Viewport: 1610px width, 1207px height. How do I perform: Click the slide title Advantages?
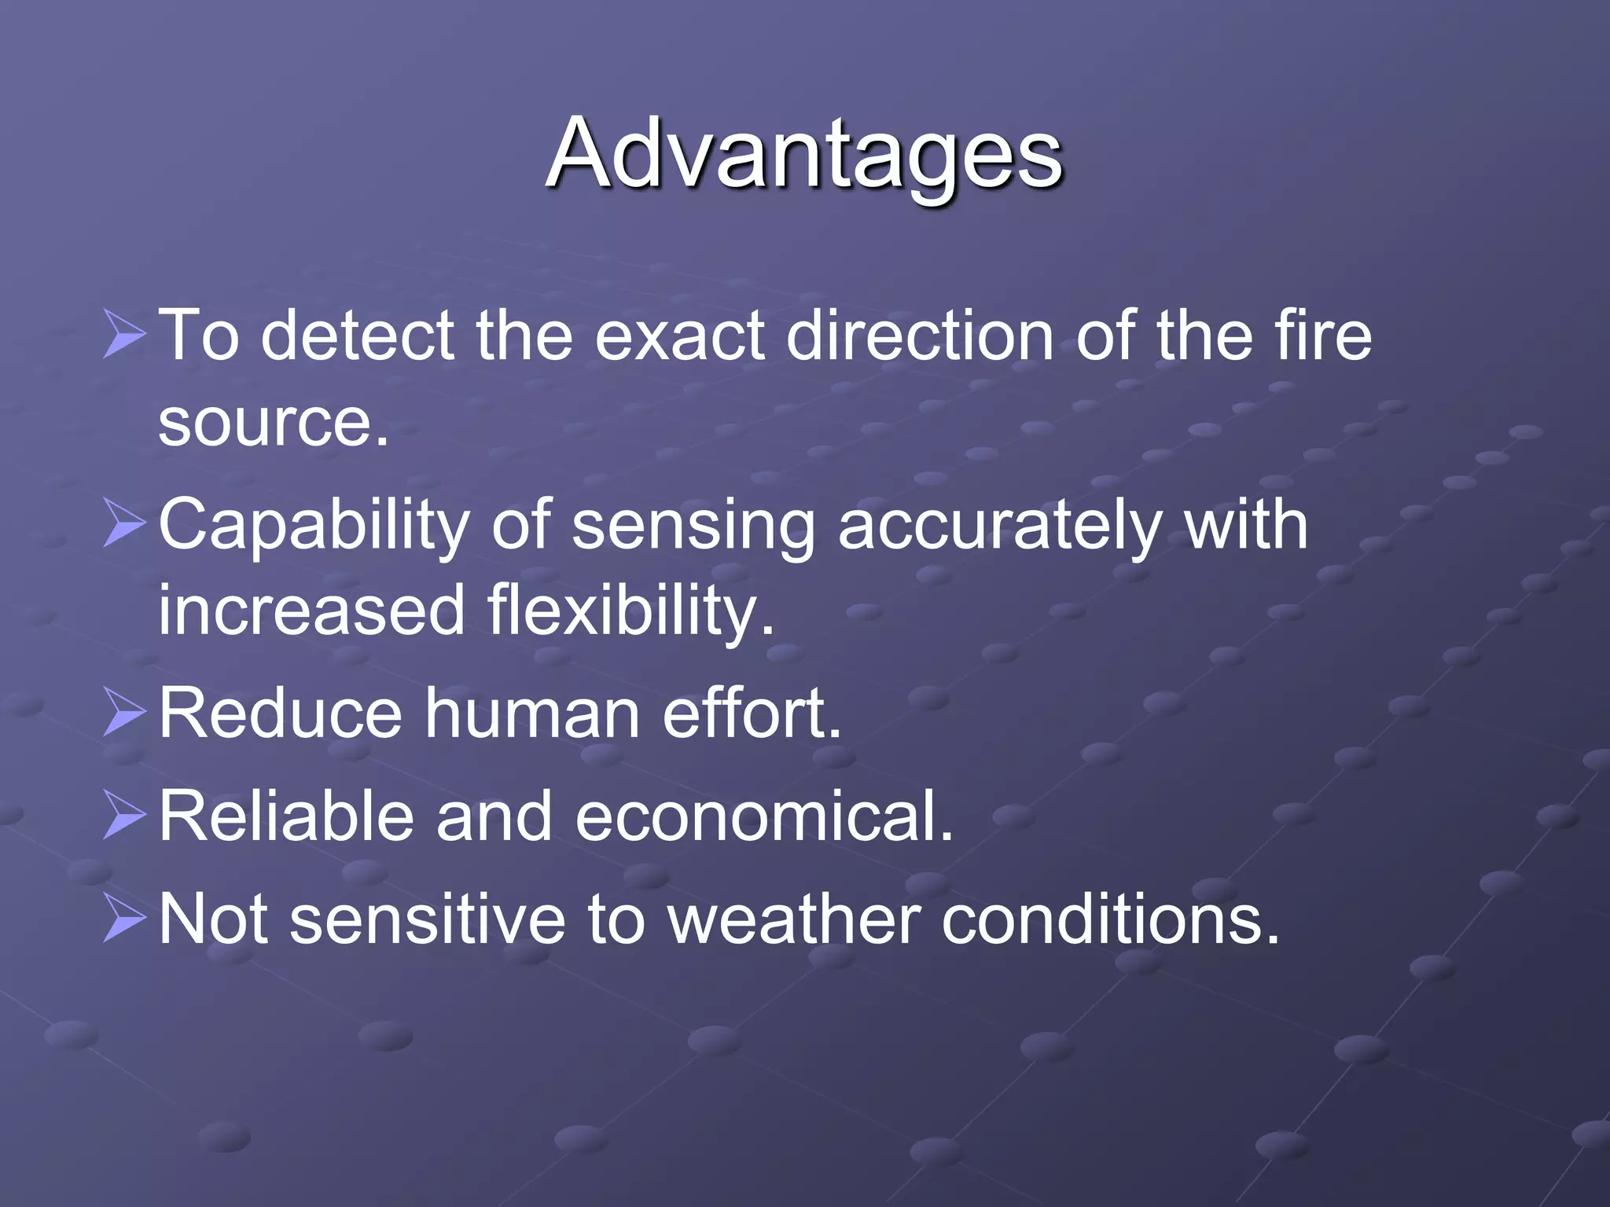pyautogui.click(x=803, y=153)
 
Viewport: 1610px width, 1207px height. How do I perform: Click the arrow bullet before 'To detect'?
pyautogui.click(x=124, y=334)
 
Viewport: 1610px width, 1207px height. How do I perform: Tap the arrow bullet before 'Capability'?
pyautogui.click(x=124, y=524)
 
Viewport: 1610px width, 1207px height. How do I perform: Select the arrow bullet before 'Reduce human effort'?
pyautogui.click(x=124, y=713)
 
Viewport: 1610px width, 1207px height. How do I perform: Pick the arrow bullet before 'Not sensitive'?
pyautogui.click(x=124, y=919)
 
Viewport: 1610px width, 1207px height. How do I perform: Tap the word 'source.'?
pyautogui.click(x=274, y=422)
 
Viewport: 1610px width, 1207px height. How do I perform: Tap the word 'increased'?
pyautogui.click(x=312, y=611)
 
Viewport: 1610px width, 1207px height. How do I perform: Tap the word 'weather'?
pyautogui.click(x=795, y=919)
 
